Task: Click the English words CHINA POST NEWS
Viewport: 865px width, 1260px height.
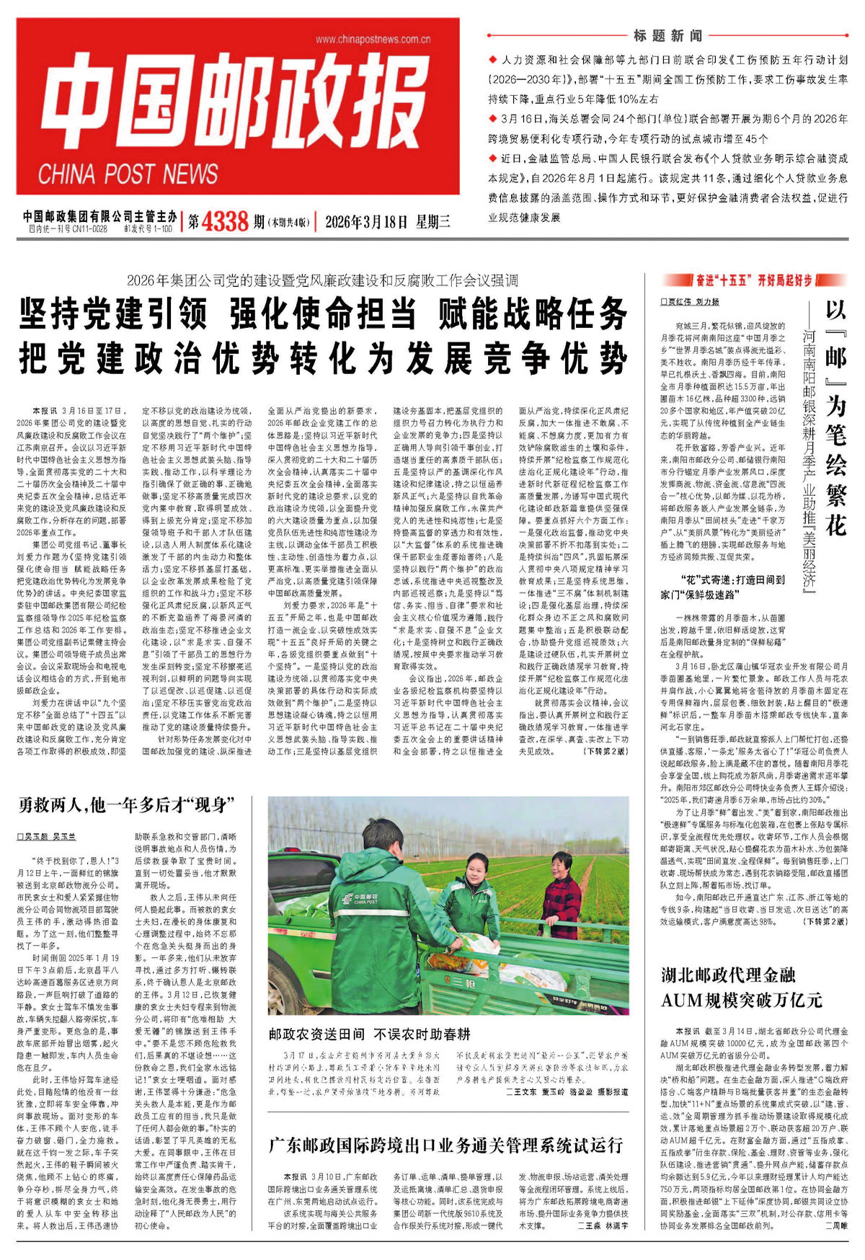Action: [x=128, y=174]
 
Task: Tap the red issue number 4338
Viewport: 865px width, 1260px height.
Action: [x=226, y=221]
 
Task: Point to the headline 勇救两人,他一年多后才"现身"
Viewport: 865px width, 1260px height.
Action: [x=125, y=804]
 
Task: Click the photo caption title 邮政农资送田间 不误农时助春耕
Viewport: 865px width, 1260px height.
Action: [x=369, y=1034]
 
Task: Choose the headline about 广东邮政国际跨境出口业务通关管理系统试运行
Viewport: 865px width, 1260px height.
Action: [x=445, y=1145]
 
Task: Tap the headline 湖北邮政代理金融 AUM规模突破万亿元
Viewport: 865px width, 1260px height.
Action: [x=741, y=988]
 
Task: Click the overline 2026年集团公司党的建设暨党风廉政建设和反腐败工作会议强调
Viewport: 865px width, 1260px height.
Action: [x=322, y=280]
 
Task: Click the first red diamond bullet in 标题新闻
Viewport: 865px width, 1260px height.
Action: [x=492, y=61]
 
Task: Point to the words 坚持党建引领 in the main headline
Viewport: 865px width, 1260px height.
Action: [x=114, y=314]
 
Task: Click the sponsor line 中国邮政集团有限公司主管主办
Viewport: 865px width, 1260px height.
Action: [x=99, y=216]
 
